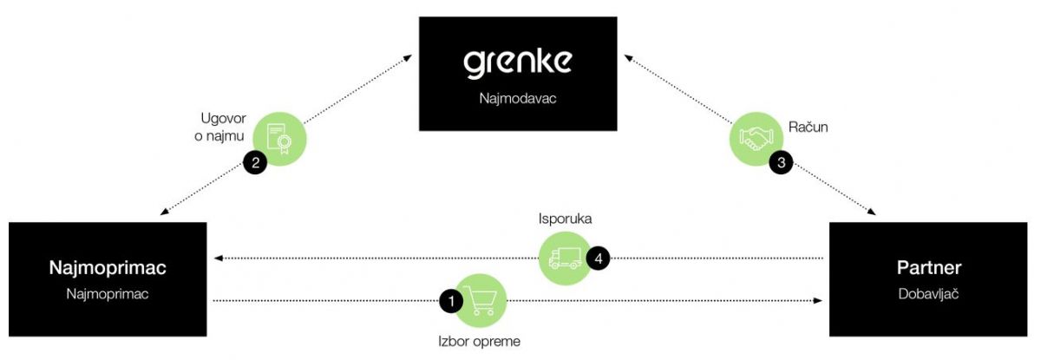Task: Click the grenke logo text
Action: pos(517,64)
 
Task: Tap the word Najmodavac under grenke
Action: pos(517,99)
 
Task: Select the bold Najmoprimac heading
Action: pos(108,268)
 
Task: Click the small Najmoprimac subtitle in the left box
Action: pos(108,295)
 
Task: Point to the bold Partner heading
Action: pos(929,268)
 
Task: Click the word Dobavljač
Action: pos(929,295)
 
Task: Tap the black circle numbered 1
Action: pos(451,301)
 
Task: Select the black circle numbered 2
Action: pos(255,161)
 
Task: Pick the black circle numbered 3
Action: pos(782,161)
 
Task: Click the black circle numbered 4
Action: pos(598,257)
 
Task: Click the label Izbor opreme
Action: pos(479,341)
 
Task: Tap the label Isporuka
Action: pos(565,219)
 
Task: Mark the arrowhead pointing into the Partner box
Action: pos(817,301)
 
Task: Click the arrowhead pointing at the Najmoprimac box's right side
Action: pos(219,258)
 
